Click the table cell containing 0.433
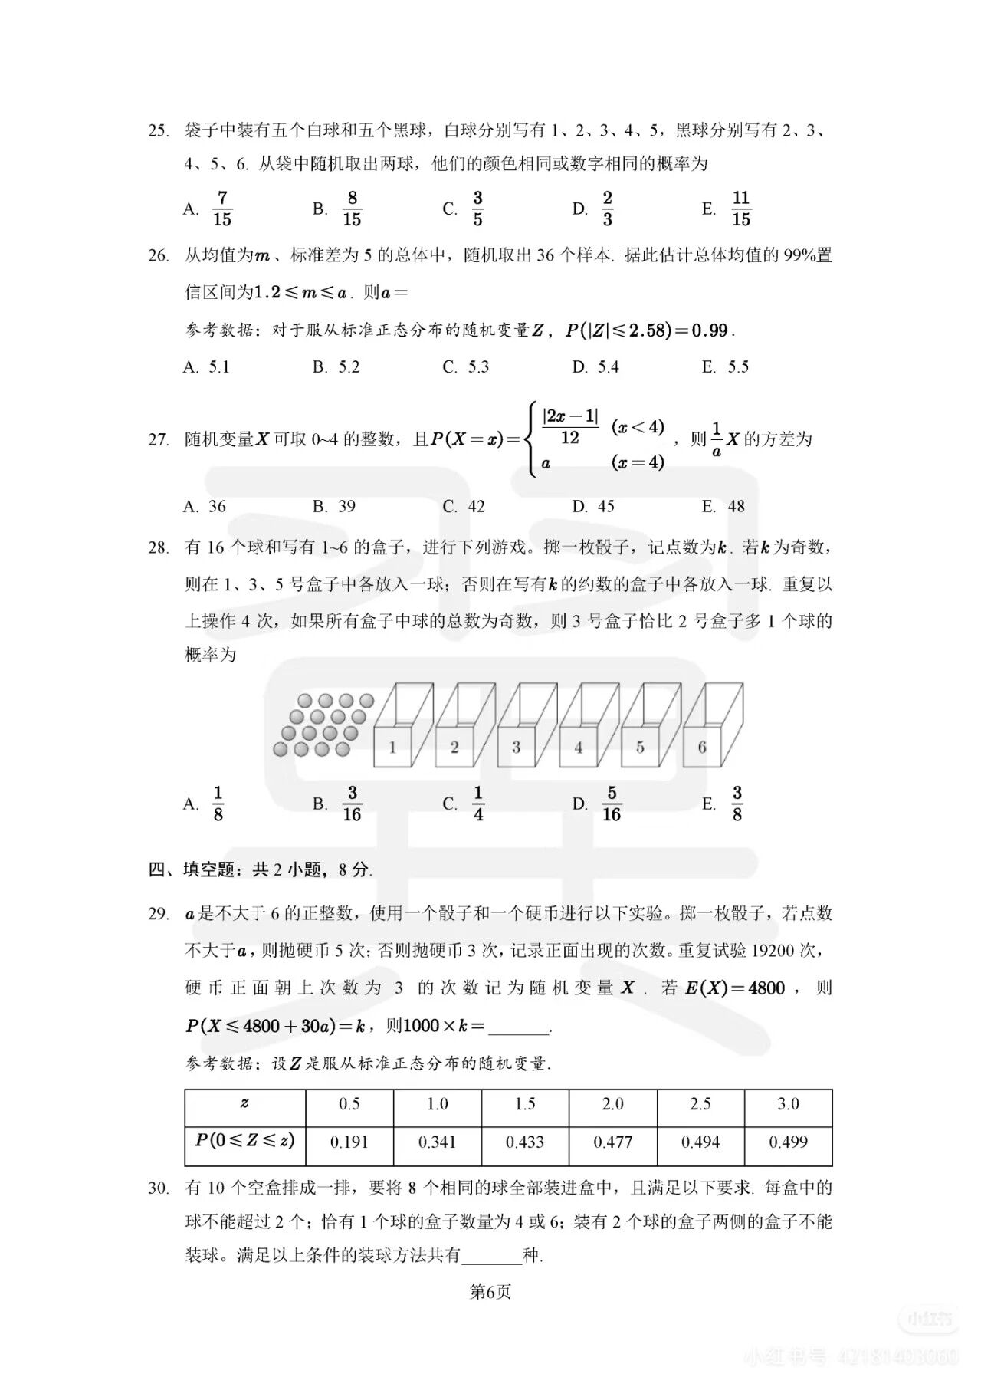point(525,1142)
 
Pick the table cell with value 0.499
point(788,1142)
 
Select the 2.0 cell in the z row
point(612,1104)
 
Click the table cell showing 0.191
point(349,1142)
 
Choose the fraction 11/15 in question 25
point(740,209)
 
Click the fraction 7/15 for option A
point(222,209)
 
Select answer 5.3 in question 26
point(478,366)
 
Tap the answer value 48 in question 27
point(736,506)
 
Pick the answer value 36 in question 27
point(218,506)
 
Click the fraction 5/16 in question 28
point(611,804)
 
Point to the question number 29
point(158,913)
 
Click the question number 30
point(158,1188)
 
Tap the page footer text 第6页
point(490,1292)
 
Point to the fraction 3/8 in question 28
point(737,804)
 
